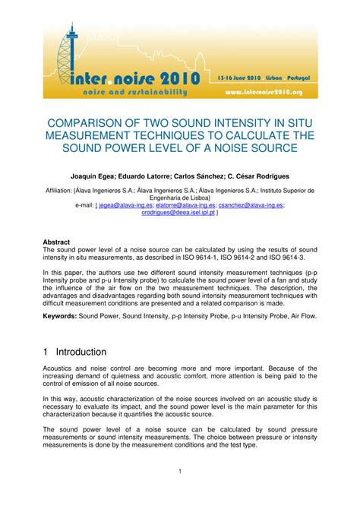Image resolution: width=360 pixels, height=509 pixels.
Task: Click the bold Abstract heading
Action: (x=57, y=242)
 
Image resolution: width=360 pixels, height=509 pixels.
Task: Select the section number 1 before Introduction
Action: (x=47, y=353)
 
